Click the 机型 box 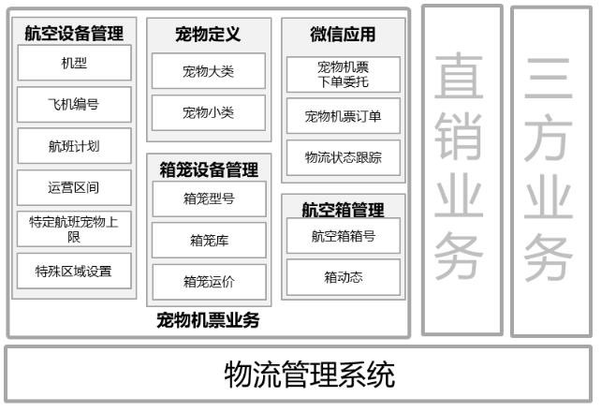pyautogui.click(x=74, y=63)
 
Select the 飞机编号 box pyautogui.click(x=74, y=104)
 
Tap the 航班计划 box pyautogui.click(x=74, y=146)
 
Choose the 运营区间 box pyautogui.click(x=74, y=188)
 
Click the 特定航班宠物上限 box pyautogui.click(x=74, y=228)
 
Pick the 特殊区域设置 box pyautogui.click(x=74, y=271)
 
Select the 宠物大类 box pyautogui.click(x=209, y=71)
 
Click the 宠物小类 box pyautogui.click(x=209, y=112)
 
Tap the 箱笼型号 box pyautogui.click(x=210, y=199)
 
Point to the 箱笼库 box pyautogui.click(x=210, y=241)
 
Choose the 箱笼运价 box pyautogui.click(x=210, y=282)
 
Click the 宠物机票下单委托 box pyautogui.click(x=344, y=74)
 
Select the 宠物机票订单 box pyautogui.click(x=344, y=116)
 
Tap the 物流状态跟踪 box pyautogui.click(x=344, y=157)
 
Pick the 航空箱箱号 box pyautogui.click(x=344, y=236)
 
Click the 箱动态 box pyautogui.click(x=344, y=277)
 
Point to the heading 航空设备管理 pyautogui.click(x=74, y=33)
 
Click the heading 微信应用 pyautogui.click(x=343, y=34)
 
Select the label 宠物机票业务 pyautogui.click(x=208, y=320)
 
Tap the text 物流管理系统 pyautogui.click(x=309, y=375)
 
